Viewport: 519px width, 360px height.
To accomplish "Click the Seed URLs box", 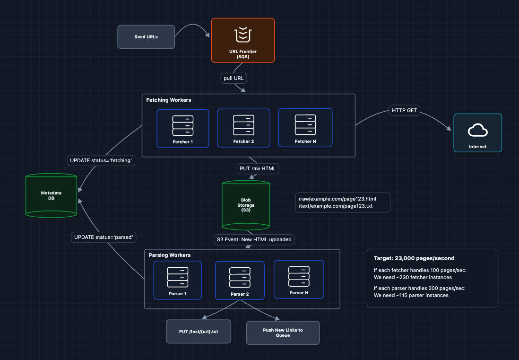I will click(146, 36).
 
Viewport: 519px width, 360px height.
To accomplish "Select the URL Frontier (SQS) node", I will click(242, 40).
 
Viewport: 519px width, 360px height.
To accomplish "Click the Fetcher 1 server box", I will click(182, 128).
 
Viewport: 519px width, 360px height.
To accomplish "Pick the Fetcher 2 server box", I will click(243, 128).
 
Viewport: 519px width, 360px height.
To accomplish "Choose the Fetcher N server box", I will click(305, 128).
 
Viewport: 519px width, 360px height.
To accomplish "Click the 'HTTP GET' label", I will click(404, 110).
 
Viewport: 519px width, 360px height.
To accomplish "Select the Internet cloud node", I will click(477, 133).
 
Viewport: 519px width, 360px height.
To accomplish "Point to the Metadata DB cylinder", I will click(51, 195).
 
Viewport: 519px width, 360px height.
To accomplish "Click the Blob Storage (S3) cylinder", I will click(245, 205).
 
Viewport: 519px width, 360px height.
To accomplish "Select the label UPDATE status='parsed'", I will click(104, 237).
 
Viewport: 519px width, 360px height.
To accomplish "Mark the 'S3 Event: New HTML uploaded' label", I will click(254, 240).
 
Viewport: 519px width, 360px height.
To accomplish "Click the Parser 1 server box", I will click(177, 280).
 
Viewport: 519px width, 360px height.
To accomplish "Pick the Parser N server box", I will click(299, 279).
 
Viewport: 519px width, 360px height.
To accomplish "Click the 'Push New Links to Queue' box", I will click(283, 333).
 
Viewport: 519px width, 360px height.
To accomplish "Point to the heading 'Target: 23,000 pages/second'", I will click(414, 258).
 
